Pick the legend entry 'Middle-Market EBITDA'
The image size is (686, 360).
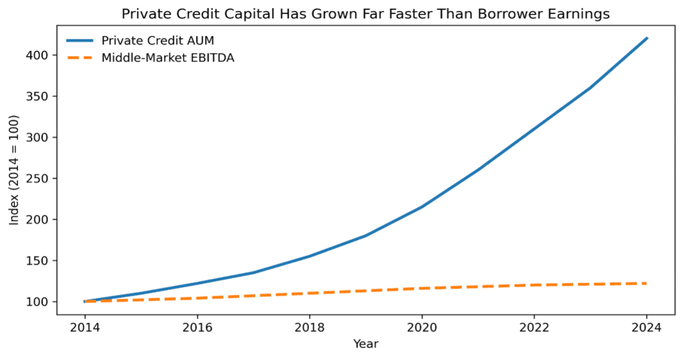pos(167,58)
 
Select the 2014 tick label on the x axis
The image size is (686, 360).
pos(84,328)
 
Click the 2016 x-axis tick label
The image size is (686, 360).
pos(197,328)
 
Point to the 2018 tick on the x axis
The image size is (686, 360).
pos(310,328)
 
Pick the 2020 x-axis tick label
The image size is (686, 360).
pos(422,328)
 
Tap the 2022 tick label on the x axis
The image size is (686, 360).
pos(534,328)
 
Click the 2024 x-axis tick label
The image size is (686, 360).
pos(646,328)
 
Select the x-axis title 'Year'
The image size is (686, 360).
pos(366,344)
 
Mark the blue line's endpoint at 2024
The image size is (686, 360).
pos(646,39)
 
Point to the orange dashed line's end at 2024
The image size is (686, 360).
pos(646,284)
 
